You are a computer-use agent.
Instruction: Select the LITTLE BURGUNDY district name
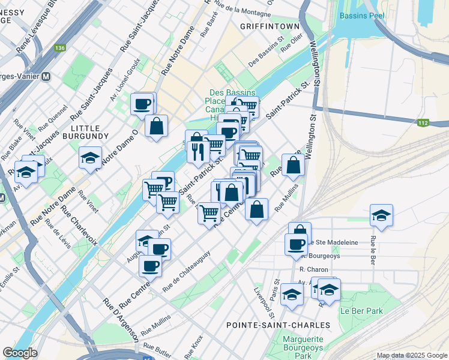[x=89, y=132]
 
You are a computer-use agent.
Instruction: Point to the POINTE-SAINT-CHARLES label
[x=278, y=325]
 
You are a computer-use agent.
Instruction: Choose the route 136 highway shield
[x=59, y=47]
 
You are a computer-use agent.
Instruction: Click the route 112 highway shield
[x=423, y=122]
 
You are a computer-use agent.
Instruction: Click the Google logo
[x=20, y=353]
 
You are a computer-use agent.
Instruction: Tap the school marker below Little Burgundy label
[x=90, y=158]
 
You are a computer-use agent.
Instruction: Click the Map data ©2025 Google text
[x=411, y=355]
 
